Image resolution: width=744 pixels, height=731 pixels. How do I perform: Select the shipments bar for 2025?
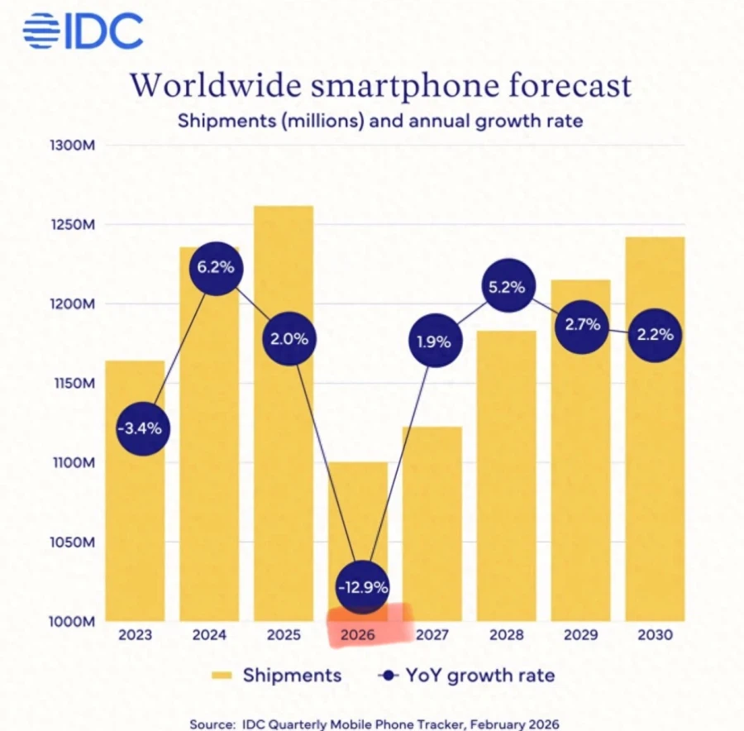pos(284,413)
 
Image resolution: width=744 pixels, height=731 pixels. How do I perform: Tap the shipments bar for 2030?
pos(655,430)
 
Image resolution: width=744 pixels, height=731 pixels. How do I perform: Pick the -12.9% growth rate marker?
pos(363,587)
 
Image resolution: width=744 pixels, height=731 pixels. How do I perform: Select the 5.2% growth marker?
pos(511,287)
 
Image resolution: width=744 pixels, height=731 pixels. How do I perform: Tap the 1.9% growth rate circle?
pos(433,341)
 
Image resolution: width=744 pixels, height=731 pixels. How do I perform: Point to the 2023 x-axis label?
pos(135,635)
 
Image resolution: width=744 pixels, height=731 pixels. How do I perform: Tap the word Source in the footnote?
pos(209,724)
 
